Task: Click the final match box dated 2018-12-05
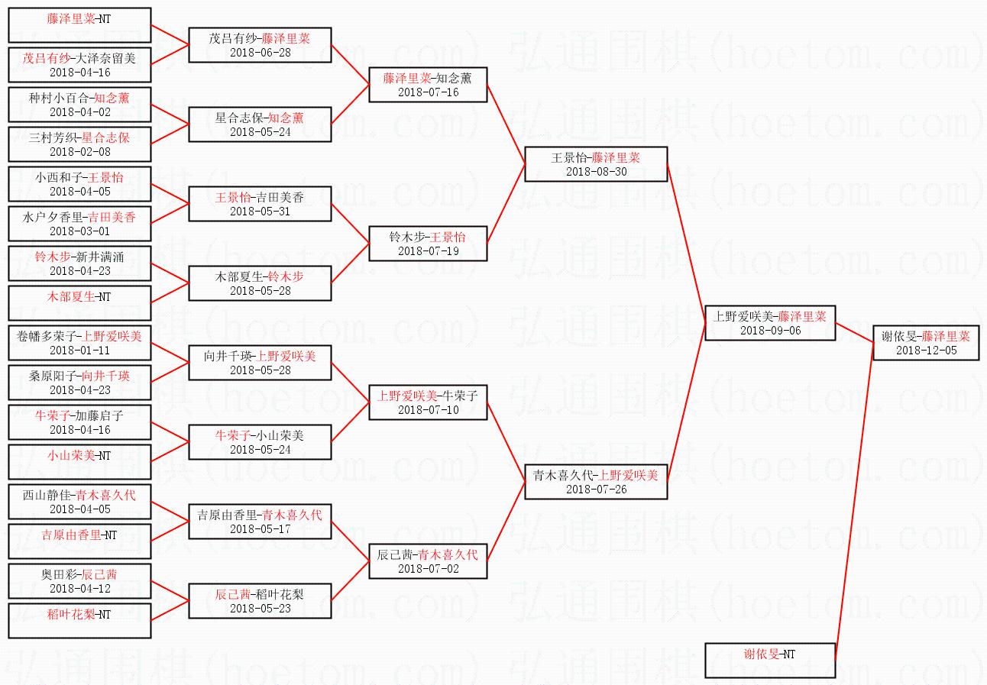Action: point(925,343)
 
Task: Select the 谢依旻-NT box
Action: point(769,661)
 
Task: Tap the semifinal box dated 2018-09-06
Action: point(769,323)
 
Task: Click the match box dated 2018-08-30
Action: point(596,164)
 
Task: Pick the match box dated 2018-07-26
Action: point(596,482)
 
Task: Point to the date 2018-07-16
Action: point(428,92)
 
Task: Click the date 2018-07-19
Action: point(428,251)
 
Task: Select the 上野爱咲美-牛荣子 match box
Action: point(428,402)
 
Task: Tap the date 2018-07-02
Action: point(428,569)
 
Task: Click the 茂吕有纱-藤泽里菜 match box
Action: point(260,45)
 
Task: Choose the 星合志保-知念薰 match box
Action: point(260,124)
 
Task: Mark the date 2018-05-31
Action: point(260,212)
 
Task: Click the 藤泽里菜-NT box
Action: point(79,25)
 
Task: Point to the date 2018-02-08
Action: point(79,152)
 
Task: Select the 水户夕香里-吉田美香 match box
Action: point(79,224)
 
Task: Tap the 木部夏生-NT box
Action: point(79,303)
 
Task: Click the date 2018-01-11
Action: point(79,351)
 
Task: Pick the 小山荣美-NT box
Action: point(79,462)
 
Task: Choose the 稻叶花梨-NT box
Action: point(79,621)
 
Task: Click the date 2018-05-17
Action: point(260,529)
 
